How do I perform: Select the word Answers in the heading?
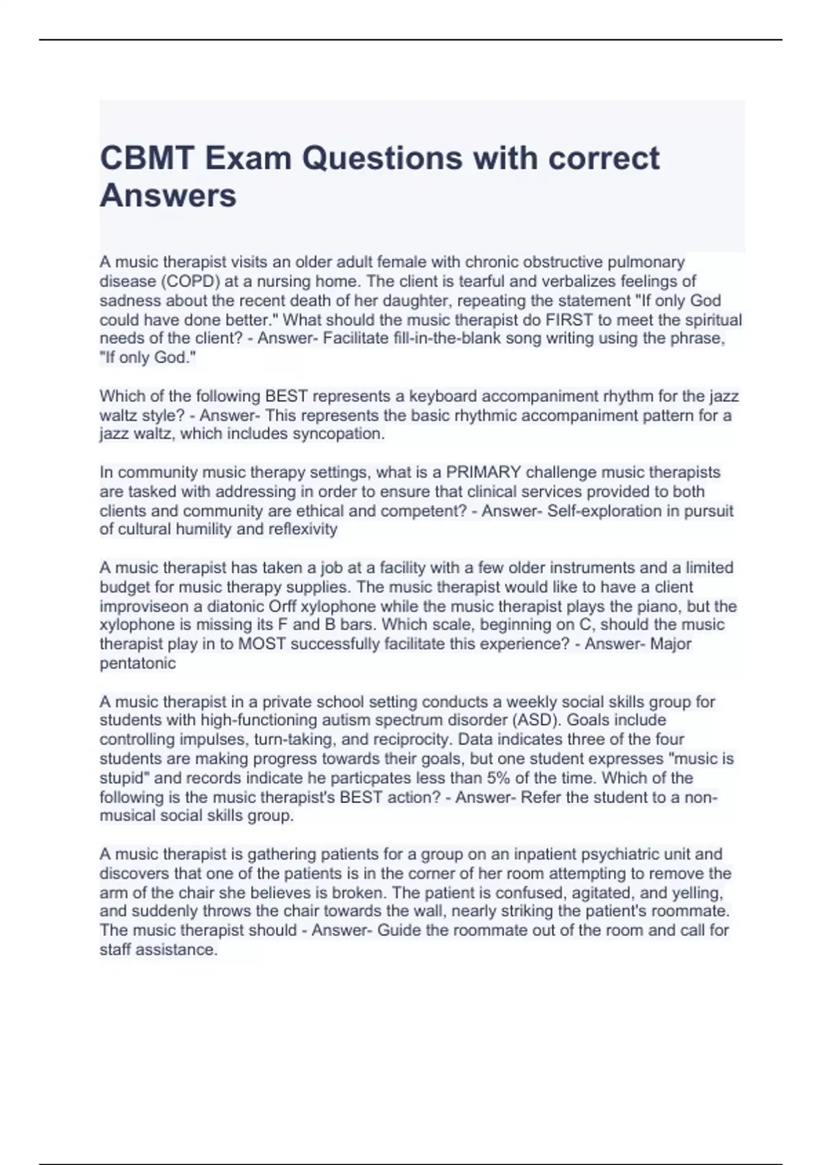(x=168, y=195)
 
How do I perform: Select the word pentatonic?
(x=138, y=663)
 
